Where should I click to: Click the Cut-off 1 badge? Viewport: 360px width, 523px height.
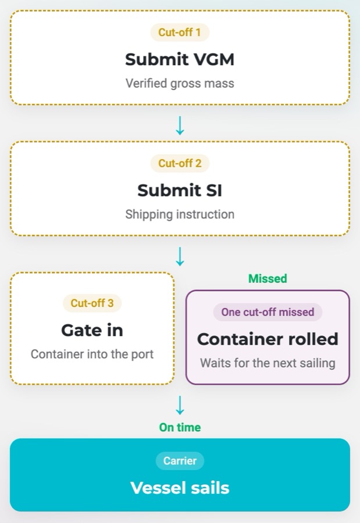pyautogui.click(x=180, y=33)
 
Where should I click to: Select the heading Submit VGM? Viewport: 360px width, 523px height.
pyautogui.click(x=180, y=59)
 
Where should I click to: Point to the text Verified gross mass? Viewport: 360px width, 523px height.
pyautogui.click(x=180, y=83)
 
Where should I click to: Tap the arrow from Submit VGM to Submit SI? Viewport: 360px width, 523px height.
pyautogui.click(x=180, y=126)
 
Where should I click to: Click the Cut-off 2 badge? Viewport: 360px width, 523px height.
pyautogui.click(x=180, y=163)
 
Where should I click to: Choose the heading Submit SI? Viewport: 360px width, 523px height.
pyautogui.click(x=180, y=191)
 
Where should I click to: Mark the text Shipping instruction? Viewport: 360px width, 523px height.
pyautogui.click(x=180, y=214)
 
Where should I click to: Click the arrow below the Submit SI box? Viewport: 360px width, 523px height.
pyautogui.click(x=180, y=256)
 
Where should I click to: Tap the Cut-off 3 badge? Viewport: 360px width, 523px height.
pyautogui.click(x=92, y=303)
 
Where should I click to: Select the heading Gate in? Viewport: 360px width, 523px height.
pyautogui.click(x=92, y=330)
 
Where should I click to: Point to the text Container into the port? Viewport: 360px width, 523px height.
pyautogui.click(x=92, y=354)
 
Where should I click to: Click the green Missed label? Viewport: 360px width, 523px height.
pyautogui.click(x=268, y=278)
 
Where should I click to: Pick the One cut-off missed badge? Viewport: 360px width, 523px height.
pyautogui.click(x=268, y=312)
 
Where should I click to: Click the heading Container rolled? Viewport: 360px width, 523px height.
pyautogui.click(x=268, y=339)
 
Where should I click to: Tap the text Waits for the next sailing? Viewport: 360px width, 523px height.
pyautogui.click(x=268, y=363)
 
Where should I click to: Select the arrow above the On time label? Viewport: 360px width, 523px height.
pyautogui.click(x=180, y=405)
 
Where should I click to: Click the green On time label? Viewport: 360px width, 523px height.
pyautogui.click(x=180, y=427)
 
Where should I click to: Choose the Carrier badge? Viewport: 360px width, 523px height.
pyautogui.click(x=180, y=461)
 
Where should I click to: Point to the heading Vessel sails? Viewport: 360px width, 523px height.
pyautogui.click(x=180, y=488)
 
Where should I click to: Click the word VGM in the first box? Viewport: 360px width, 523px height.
pyautogui.click(x=214, y=59)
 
